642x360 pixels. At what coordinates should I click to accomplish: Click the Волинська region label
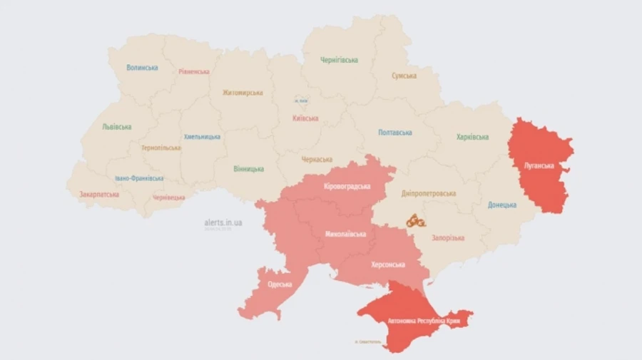142,68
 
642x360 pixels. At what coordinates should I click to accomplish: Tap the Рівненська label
194,72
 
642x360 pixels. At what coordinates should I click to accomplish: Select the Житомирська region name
243,93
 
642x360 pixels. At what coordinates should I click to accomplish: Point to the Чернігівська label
339,61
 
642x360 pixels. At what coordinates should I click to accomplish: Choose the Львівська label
117,126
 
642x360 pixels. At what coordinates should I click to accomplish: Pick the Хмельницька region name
202,136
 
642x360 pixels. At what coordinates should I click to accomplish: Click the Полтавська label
395,133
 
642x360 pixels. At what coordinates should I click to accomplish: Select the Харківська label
472,137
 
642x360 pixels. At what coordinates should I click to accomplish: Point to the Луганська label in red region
539,165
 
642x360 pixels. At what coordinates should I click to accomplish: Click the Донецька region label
502,205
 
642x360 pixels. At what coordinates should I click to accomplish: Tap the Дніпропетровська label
429,193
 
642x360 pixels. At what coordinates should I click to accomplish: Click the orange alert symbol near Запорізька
416,222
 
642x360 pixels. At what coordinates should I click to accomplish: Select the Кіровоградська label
347,186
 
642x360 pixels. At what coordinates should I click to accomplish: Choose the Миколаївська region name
346,234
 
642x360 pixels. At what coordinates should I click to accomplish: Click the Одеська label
280,284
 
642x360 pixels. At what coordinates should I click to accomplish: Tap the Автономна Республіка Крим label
424,322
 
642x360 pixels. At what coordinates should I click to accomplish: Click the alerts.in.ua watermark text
223,223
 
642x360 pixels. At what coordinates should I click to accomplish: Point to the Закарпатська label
99,193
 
